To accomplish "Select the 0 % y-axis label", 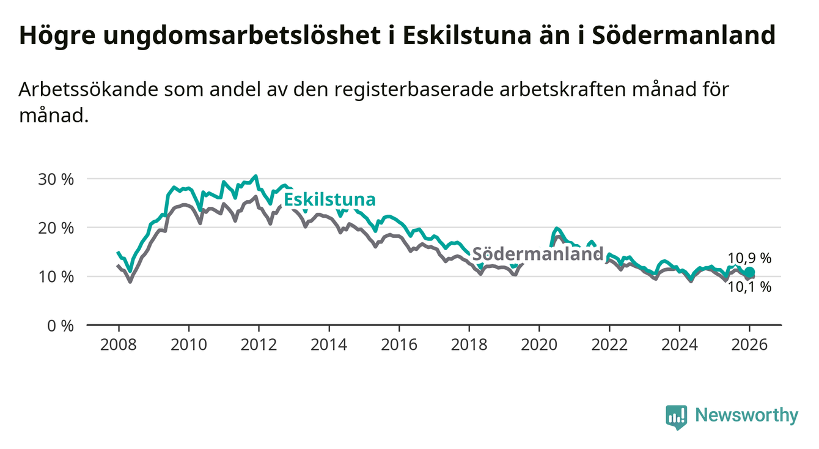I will pos(61,325).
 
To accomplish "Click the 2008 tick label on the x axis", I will pos(118,345).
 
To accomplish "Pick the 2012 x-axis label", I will pos(259,345).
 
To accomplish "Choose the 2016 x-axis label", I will pos(399,345).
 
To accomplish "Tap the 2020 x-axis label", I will pos(540,345).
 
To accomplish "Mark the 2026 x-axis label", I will pos(750,345).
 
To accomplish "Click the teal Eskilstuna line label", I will pos(329,200).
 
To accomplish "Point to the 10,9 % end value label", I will pos(749,258).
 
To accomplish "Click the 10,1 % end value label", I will pos(749,286).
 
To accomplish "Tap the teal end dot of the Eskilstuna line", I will pos(750,272).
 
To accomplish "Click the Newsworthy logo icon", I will pos(676,417).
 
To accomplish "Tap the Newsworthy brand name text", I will pos(747,416).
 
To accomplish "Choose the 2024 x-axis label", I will pos(680,345).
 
